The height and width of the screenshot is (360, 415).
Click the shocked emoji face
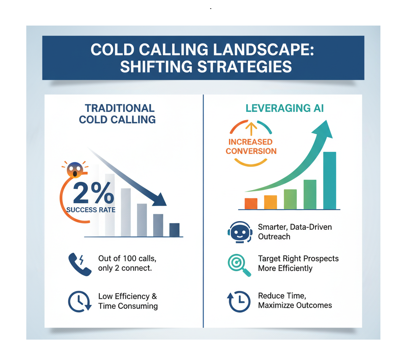[75, 170]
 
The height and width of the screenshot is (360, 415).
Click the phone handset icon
[80, 264]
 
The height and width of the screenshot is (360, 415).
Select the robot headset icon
[239, 232]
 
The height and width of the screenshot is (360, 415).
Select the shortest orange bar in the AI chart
[251, 203]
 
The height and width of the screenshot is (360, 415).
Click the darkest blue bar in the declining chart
[174, 230]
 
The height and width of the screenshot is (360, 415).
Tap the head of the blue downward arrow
[160, 200]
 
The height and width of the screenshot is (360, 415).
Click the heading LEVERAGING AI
[285, 108]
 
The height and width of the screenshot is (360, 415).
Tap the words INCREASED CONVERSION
[251, 146]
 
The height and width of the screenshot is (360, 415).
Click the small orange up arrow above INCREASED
[251, 129]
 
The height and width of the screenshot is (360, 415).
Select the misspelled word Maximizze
[275, 305]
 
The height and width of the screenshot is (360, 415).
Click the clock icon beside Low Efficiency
[80, 301]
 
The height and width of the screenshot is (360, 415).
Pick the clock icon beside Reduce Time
[239, 301]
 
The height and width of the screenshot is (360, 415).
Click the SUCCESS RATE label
[91, 210]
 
